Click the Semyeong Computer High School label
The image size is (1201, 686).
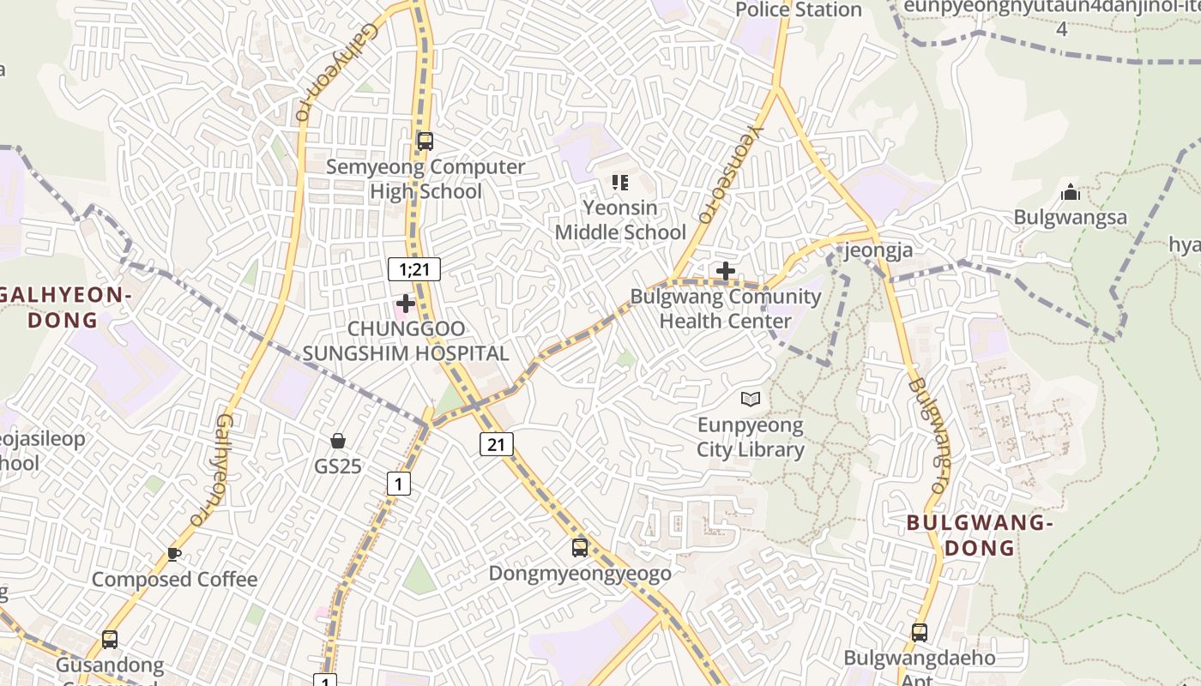point(425,178)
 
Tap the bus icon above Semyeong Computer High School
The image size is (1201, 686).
point(425,141)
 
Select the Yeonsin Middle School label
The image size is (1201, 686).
point(620,220)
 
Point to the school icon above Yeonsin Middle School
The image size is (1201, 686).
point(620,182)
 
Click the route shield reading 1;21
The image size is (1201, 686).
point(413,269)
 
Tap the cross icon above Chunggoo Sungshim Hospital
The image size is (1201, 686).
point(405,304)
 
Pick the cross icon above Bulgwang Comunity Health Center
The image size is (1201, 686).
point(726,272)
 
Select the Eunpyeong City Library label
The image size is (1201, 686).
point(750,437)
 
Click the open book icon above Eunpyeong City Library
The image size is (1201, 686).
point(751,399)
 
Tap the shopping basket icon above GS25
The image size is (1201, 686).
point(338,441)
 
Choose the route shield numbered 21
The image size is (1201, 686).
point(497,443)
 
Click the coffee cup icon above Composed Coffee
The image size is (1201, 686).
point(174,554)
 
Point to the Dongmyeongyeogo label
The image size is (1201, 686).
point(580,573)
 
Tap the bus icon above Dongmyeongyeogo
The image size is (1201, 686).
point(580,547)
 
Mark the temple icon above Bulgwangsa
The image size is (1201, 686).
point(1070,192)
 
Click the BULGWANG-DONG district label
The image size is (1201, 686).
point(979,534)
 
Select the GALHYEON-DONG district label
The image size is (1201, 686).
point(64,307)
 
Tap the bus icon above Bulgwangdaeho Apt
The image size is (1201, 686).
point(920,633)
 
